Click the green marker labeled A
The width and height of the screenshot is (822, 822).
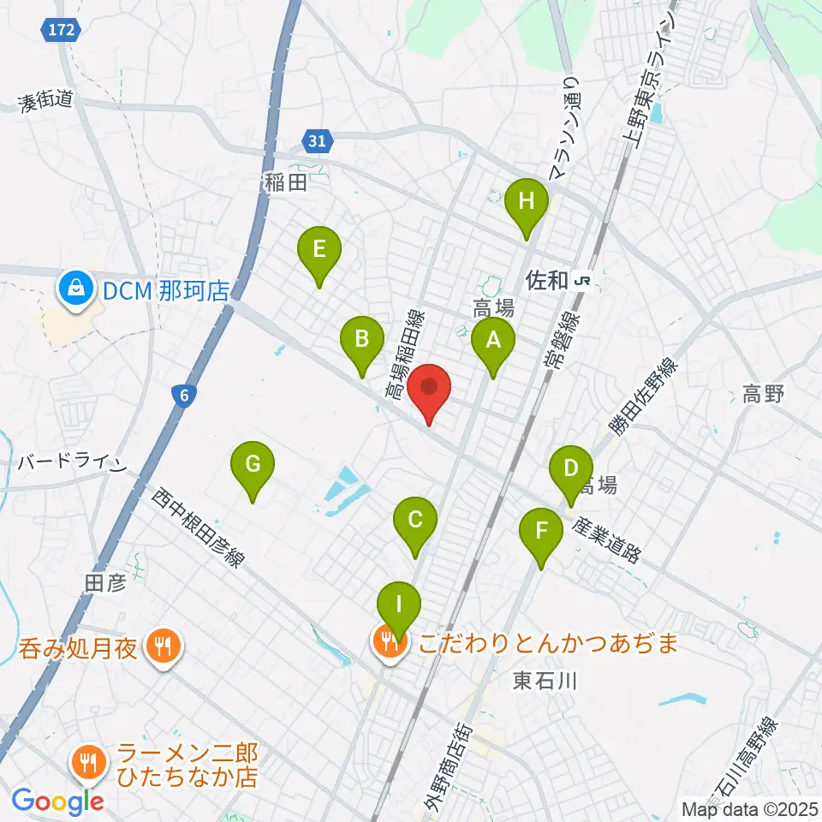492,342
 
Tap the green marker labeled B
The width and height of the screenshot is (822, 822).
362,340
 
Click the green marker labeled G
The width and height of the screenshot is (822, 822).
253,465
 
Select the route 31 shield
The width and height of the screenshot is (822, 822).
317,141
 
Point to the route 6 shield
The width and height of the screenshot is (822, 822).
182,395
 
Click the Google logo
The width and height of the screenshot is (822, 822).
57,801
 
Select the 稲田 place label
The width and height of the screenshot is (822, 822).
285,182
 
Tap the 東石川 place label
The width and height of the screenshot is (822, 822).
547,681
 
